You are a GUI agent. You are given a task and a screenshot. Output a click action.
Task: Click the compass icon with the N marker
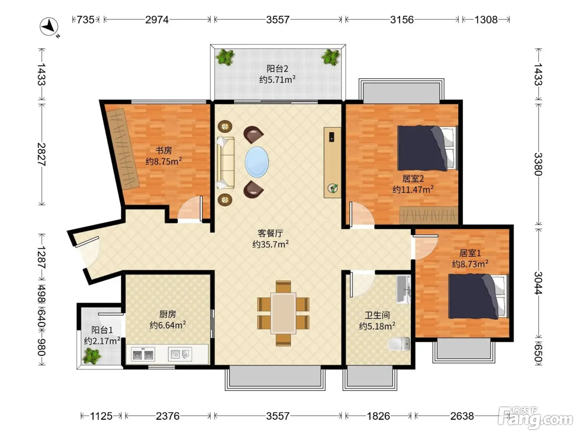tap(50, 27)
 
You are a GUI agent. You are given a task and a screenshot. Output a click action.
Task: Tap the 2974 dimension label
tap(157, 19)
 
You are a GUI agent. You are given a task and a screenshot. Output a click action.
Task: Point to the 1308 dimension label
tap(486, 19)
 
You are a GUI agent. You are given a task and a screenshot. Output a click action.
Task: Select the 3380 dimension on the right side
tap(538, 164)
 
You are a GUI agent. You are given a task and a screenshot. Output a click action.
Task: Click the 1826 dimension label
tap(378, 416)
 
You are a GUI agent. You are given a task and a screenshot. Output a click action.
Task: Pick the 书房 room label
tap(164, 150)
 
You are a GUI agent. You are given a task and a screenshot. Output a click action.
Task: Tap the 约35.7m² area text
tap(270, 244)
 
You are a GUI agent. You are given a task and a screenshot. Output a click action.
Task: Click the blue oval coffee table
tap(257, 162)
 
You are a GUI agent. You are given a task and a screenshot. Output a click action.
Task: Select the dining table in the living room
tap(283, 313)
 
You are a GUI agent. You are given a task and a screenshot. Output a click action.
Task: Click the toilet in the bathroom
tap(399, 344)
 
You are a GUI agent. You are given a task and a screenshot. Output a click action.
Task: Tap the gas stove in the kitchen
tap(143, 354)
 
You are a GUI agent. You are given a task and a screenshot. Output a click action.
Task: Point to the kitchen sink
tap(180, 354)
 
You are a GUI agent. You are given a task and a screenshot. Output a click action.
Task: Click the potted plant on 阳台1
tap(91, 356)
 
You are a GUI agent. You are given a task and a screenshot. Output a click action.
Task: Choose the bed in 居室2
tap(427, 148)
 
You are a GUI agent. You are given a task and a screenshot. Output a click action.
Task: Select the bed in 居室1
tap(479, 296)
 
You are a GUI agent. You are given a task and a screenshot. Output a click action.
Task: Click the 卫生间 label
tap(377, 315)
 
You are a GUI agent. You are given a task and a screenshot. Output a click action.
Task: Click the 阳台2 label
tap(277, 69)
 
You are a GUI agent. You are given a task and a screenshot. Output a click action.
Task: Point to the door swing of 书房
tap(190, 209)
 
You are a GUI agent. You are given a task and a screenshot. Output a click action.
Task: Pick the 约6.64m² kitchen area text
tap(168, 325)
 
